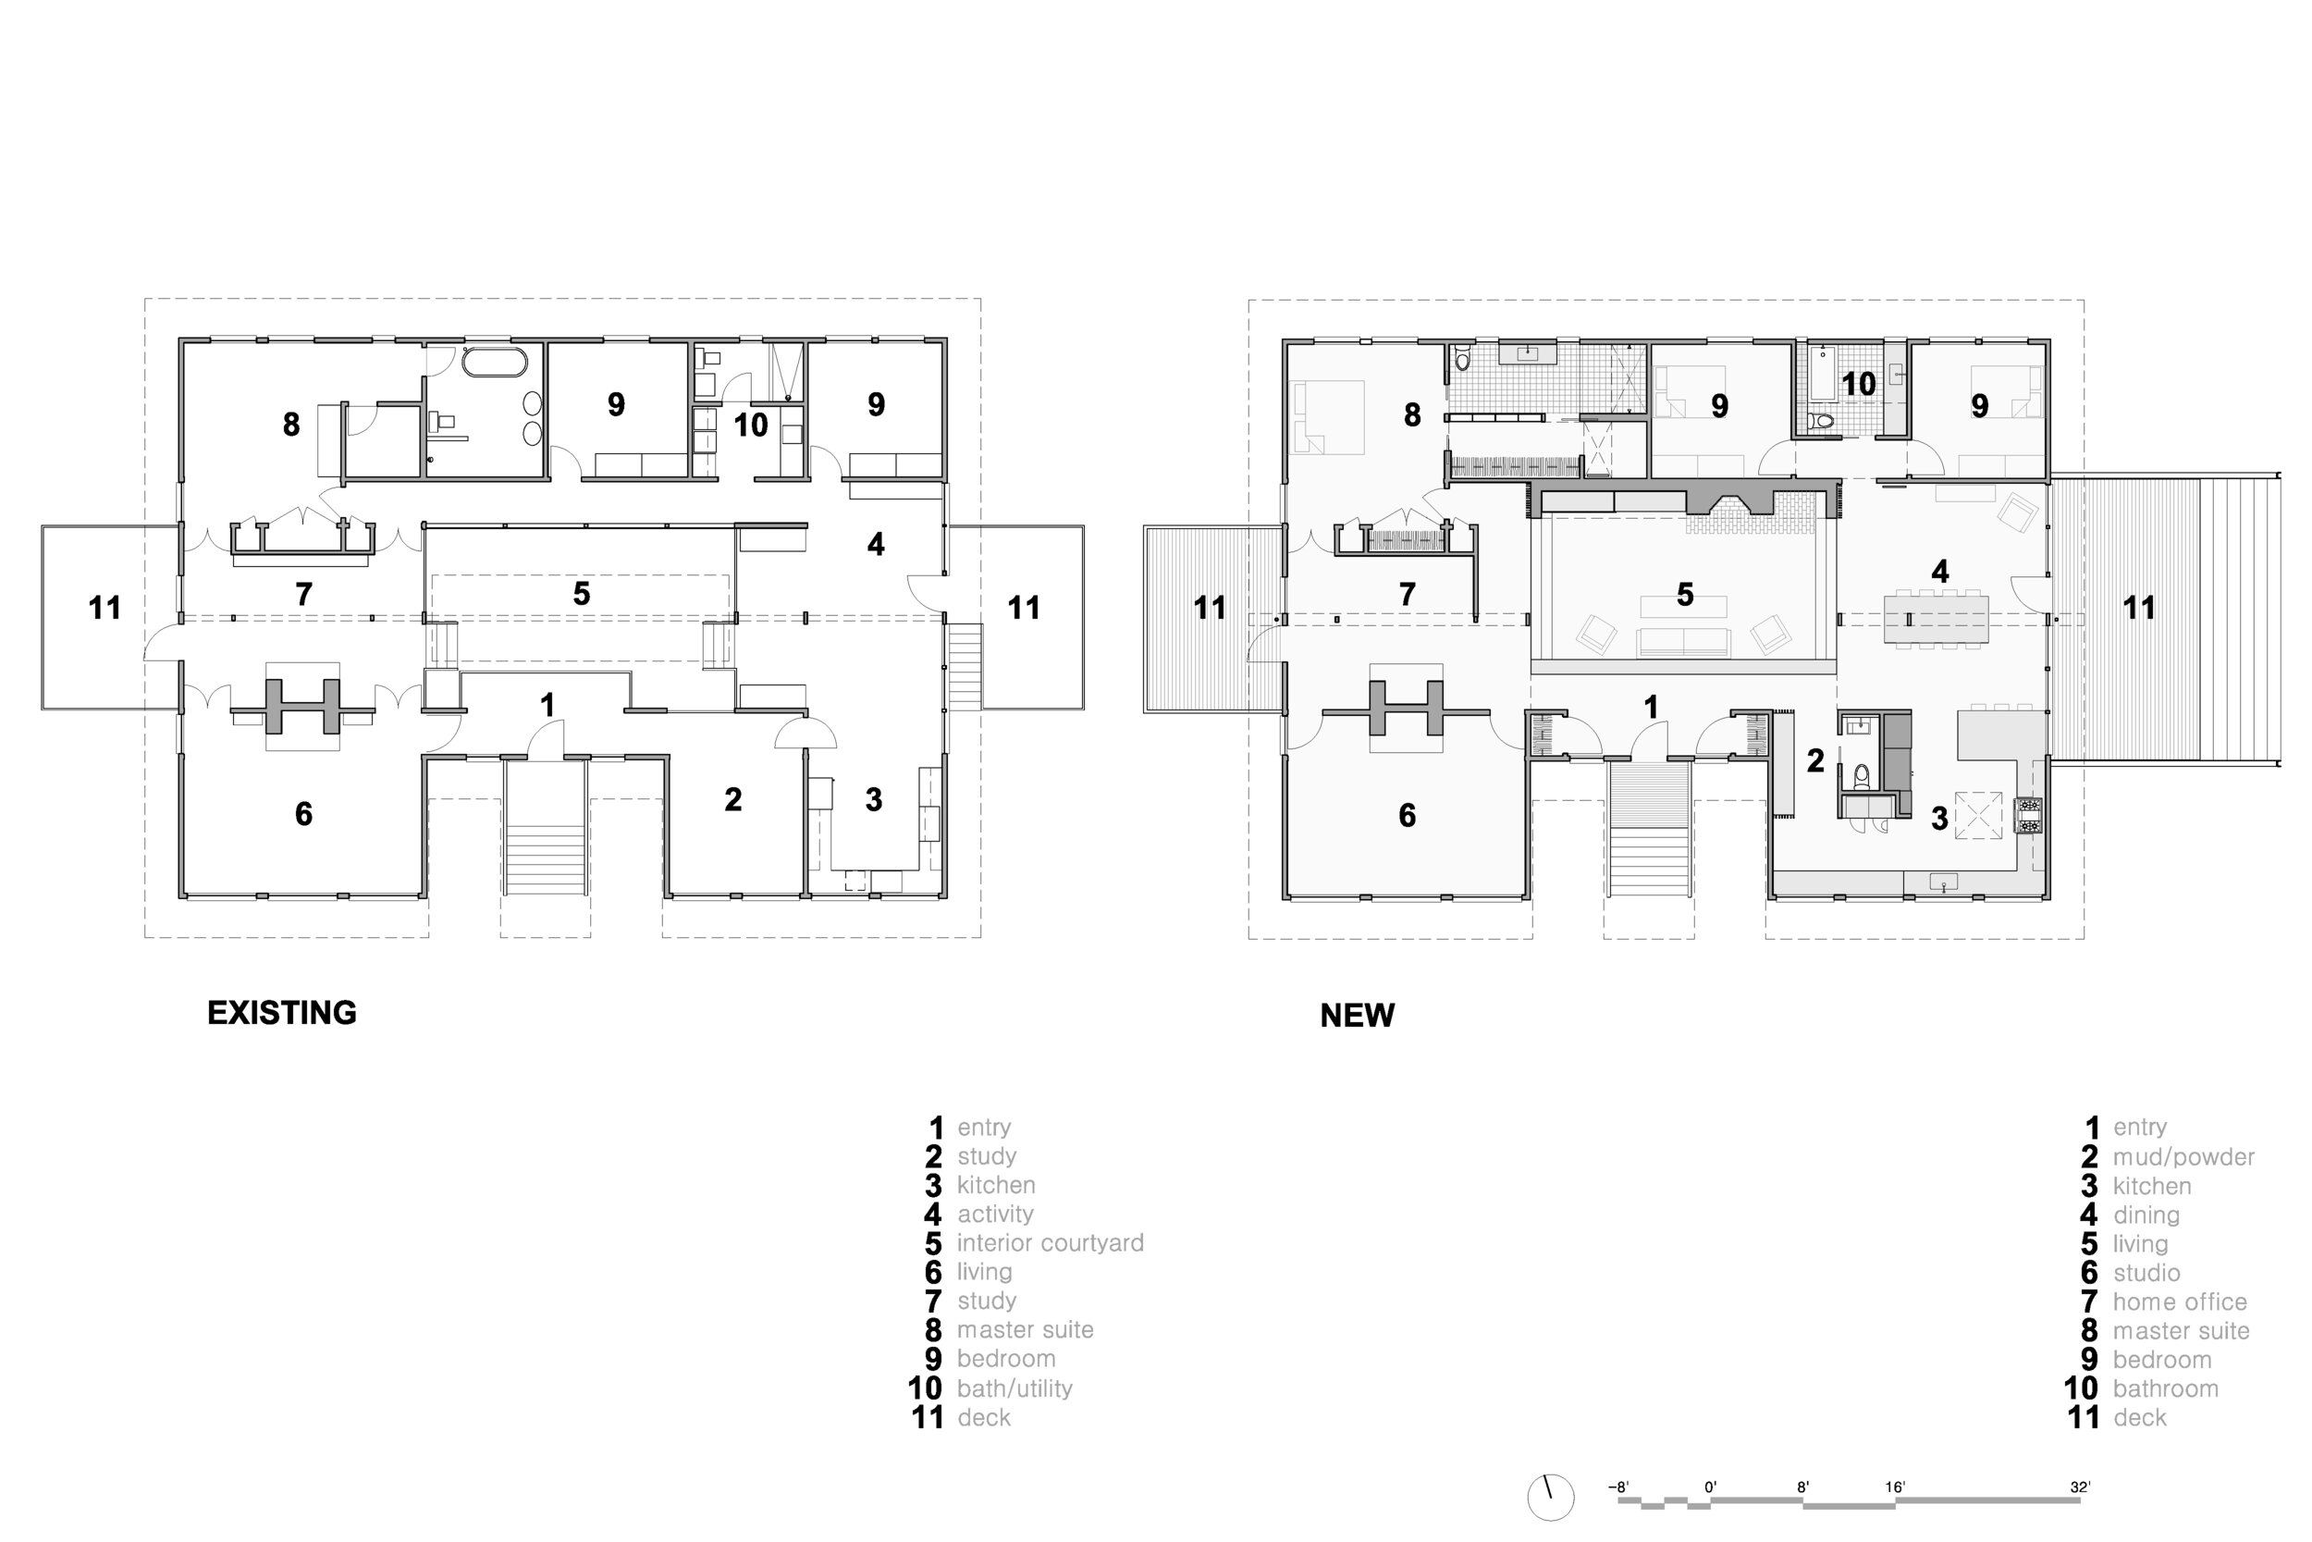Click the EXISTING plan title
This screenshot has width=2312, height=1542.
coord(281,1013)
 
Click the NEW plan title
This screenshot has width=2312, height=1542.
coord(1357,1015)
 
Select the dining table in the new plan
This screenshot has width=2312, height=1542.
coord(1936,620)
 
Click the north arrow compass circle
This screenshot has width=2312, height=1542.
coord(1550,1497)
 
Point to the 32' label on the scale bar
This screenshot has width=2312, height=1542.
coord(2080,1486)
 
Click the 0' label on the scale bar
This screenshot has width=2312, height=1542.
coord(1710,1486)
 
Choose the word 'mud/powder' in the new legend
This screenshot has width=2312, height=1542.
coord(2183,1156)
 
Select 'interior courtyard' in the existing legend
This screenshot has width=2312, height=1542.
coord(1050,1243)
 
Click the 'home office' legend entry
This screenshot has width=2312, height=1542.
coord(2180,1302)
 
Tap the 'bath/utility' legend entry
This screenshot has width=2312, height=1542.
coord(1015,1388)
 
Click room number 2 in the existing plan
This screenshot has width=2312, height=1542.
coord(733,800)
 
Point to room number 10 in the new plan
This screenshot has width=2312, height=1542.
coord(1858,384)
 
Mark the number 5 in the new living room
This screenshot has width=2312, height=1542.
coord(1685,595)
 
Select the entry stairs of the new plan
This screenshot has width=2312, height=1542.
coord(1650,831)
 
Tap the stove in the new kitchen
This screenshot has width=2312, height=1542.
coord(2028,815)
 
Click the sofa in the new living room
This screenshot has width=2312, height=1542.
coord(1683,643)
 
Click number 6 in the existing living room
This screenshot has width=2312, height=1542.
coord(303,814)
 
